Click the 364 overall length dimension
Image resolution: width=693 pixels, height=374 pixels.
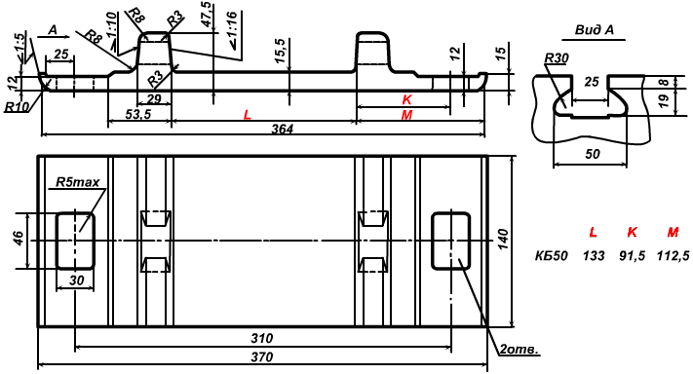click(x=283, y=129)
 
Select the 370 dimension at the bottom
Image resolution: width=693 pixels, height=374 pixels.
click(x=261, y=356)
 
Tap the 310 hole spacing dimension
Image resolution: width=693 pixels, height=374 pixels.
click(x=261, y=339)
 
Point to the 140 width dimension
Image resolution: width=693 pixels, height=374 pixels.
click(x=503, y=239)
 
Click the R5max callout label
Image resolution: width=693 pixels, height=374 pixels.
click(x=78, y=182)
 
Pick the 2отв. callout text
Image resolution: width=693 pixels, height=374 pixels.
click(x=520, y=350)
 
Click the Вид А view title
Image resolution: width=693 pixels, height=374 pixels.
click(x=594, y=30)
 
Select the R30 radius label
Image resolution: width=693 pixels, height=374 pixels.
click(x=557, y=58)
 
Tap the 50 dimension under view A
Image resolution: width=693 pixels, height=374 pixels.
click(x=593, y=154)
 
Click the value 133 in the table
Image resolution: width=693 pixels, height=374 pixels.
click(x=594, y=255)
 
